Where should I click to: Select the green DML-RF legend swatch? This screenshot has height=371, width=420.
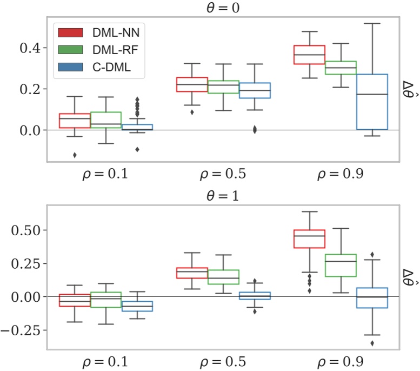(70, 50)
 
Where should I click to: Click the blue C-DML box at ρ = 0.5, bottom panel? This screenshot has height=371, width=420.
(255, 296)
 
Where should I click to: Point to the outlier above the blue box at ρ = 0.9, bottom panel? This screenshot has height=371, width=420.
(372, 254)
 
